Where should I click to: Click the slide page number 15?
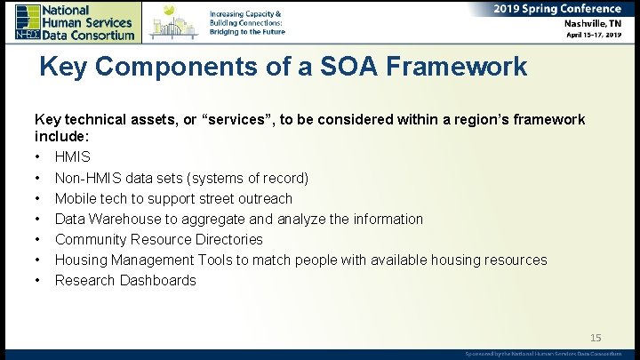coord(596,337)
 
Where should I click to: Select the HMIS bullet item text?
coord(73,157)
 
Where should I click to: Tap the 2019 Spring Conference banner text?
coord(557,8)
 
